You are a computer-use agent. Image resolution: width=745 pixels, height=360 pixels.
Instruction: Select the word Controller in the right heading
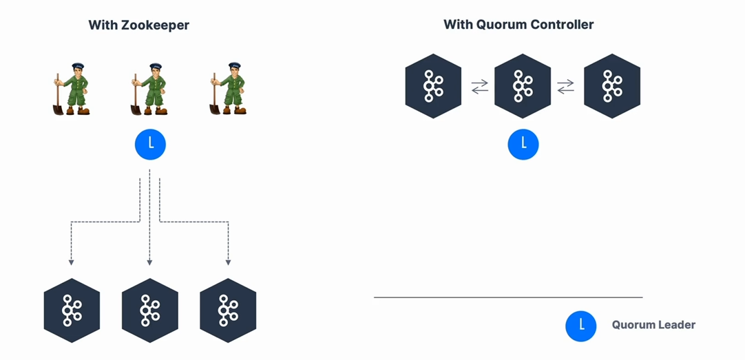coord(562,25)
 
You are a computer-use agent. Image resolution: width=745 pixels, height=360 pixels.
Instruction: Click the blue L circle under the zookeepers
coord(150,145)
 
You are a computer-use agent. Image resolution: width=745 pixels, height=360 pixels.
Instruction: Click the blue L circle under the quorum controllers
coord(523,145)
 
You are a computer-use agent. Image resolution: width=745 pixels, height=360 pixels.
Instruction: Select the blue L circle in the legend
coord(581,326)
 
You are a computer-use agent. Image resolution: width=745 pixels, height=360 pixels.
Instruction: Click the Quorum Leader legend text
coord(653,325)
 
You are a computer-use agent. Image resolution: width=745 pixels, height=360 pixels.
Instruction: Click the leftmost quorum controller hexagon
coord(433,86)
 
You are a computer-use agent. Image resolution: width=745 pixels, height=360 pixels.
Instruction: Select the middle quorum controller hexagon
coord(523,86)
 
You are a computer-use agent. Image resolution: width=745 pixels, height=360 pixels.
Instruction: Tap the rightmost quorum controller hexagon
coord(612,86)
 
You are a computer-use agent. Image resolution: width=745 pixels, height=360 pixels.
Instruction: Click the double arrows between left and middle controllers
coord(479,87)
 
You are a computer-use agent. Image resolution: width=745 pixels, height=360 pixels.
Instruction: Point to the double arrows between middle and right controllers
coord(565,87)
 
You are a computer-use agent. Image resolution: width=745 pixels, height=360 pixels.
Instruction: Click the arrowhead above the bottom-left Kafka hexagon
coord(71,262)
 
